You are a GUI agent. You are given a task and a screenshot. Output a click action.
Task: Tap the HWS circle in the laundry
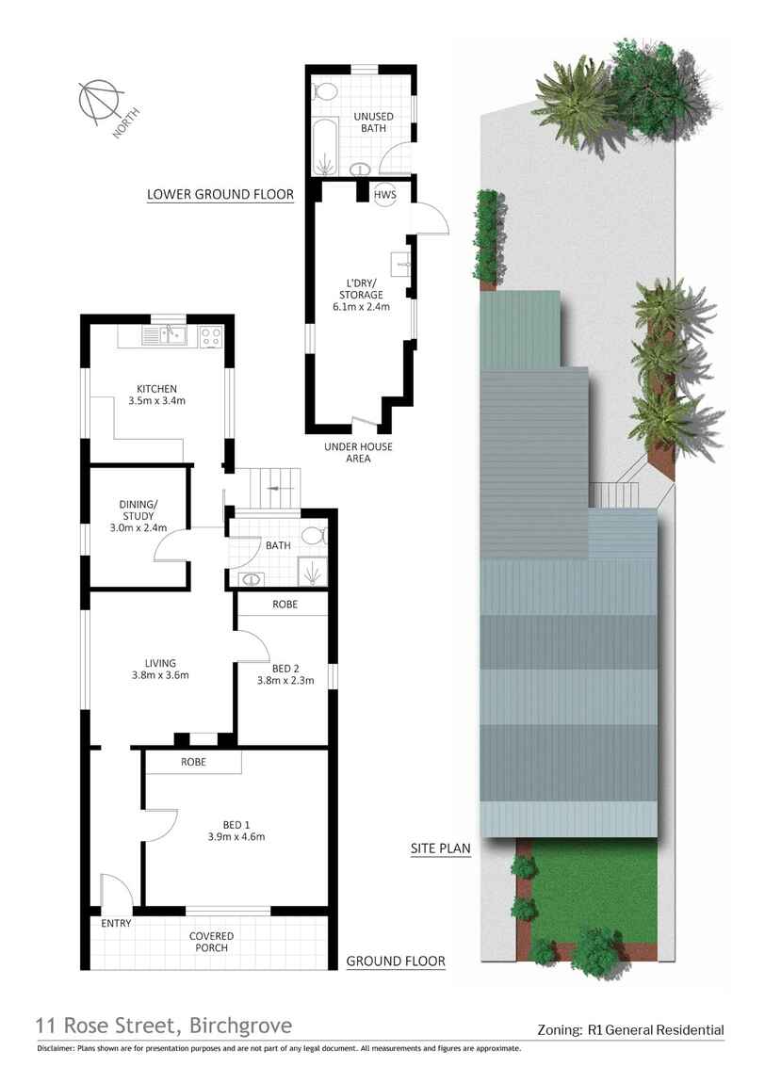(385, 194)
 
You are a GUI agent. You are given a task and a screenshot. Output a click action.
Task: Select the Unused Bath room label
(372, 122)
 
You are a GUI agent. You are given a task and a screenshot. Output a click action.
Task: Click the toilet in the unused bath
(326, 92)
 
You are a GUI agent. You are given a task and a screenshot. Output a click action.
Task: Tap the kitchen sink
(169, 332)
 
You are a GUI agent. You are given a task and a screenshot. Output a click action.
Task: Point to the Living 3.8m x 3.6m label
(155, 669)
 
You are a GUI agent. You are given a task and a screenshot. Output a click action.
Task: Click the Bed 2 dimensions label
(285, 680)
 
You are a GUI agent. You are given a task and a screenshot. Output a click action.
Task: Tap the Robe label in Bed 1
(191, 761)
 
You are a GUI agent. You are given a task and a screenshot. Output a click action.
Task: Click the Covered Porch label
(211, 942)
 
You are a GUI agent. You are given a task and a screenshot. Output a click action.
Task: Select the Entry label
(116, 923)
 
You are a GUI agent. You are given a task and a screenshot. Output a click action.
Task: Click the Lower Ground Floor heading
(220, 195)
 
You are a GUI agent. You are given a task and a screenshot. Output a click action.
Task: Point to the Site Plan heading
(440, 848)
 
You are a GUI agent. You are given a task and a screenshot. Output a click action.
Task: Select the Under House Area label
(358, 452)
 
